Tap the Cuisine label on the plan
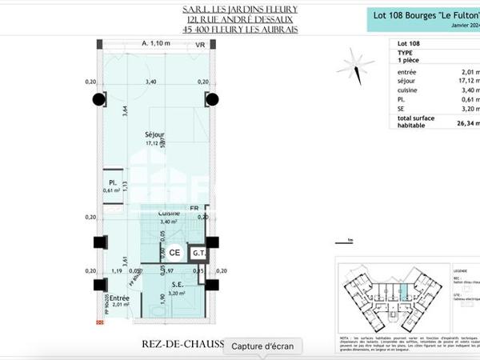(168, 214)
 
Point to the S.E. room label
(177, 283)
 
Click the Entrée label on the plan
(119, 298)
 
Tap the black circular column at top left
(98, 99)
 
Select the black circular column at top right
(212, 99)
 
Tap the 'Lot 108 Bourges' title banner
(422, 16)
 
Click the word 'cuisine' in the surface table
(409, 91)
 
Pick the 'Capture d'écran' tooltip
(263, 346)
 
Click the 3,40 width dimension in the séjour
(150, 82)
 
